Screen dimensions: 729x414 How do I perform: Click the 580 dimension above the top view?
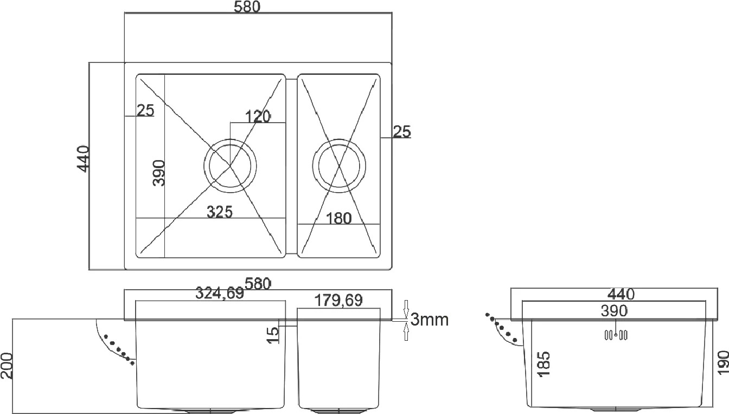(247, 7)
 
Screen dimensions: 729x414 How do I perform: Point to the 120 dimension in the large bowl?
(258, 117)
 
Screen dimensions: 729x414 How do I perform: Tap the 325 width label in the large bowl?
(220, 212)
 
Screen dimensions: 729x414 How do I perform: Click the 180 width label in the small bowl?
(339, 218)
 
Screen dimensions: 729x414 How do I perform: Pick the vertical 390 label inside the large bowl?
(159, 173)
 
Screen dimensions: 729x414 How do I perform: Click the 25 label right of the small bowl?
(402, 131)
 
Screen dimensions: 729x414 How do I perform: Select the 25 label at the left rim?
(145, 110)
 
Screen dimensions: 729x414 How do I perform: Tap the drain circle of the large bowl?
(230, 140)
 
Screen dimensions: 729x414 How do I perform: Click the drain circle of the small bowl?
(339, 139)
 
